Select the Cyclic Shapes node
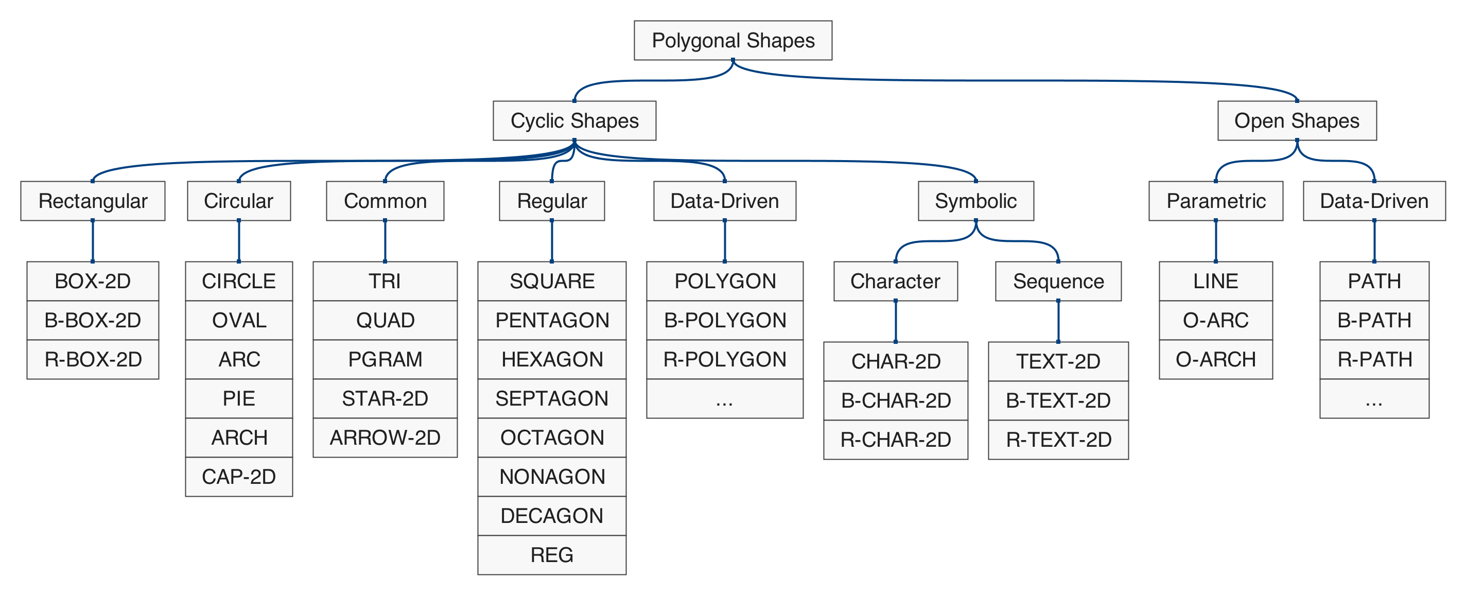[x=574, y=121]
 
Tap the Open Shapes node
[x=1297, y=121]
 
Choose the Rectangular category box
[x=93, y=201]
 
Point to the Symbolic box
[x=975, y=201]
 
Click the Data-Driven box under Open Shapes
[x=1374, y=201]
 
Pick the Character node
[x=895, y=282]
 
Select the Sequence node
[x=1058, y=282]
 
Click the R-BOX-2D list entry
[x=93, y=359]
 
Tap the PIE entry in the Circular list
[x=239, y=399]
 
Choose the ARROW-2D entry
[x=385, y=438]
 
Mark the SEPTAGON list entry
[x=551, y=399]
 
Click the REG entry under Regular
[x=551, y=555]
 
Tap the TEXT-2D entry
[x=1058, y=362]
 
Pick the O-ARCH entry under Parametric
[x=1216, y=359]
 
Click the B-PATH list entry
[x=1374, y=321]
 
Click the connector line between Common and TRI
[x=385, y=241]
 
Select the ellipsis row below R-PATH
[x=1374, y=399]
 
